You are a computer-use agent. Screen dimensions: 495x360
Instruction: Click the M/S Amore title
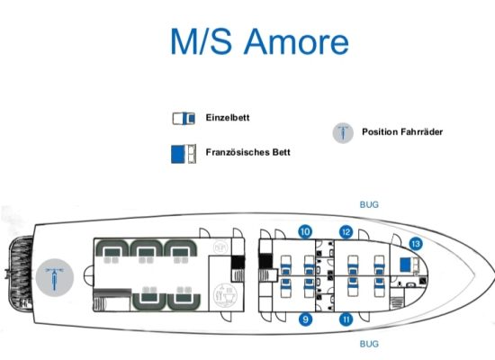coord(259,41)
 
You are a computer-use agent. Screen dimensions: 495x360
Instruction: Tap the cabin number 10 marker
coord(305,232)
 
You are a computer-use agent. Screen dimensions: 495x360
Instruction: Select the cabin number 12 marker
coord(346,232)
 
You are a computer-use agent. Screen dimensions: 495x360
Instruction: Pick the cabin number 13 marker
coord(416,244)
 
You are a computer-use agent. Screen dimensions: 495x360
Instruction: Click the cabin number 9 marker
coord(305,319)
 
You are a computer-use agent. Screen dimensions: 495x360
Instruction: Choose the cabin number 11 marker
coord(346,319)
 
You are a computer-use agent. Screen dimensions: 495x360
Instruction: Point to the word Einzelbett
coord(228,118)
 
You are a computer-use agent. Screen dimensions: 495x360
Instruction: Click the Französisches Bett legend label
coord(247,152)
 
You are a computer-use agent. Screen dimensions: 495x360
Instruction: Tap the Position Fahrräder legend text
coord(402,131)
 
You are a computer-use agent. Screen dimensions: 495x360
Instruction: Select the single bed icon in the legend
coord(184,119)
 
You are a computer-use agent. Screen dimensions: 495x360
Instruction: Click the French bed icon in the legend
coord(184,154)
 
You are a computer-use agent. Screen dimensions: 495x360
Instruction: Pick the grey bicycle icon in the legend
coord(343,132)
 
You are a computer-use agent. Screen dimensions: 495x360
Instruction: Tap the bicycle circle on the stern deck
coord(55,277)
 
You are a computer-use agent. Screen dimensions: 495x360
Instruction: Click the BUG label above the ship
coord(369,204)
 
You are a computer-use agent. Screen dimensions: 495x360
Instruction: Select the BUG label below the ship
coord(369,344)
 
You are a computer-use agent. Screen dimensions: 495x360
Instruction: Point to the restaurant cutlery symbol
coord(225,295)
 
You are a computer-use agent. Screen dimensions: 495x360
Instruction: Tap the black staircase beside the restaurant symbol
coord(238,263)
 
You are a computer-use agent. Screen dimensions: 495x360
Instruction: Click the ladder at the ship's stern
coord(22,274)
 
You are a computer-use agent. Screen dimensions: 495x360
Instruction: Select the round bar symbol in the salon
coord(220,247)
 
